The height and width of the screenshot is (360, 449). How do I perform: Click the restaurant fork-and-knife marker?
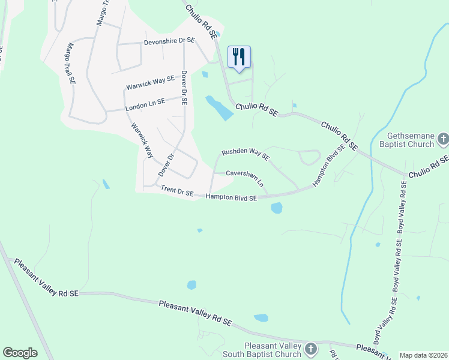(239, 58)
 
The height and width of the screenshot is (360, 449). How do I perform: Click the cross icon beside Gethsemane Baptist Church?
(444, 140)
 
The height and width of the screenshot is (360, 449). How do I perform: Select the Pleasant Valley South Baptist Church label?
(273, 350)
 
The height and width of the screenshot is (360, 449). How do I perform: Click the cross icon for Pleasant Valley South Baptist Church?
(310, 349)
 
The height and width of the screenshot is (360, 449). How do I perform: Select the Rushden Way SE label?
(246, 155)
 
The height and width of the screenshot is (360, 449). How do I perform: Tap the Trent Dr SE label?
(177, 191)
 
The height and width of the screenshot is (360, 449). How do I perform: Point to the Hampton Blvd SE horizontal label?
(231, 197)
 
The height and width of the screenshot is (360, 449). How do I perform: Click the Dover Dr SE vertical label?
(184, 88)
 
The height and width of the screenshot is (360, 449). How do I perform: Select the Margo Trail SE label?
(71, 62)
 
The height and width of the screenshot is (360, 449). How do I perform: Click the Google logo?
(20, 353)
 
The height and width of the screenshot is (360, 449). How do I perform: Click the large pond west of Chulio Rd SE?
(219, 107)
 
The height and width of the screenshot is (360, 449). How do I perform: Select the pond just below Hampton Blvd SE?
(277, 208)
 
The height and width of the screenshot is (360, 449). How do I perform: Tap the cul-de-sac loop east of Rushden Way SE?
(310, 157)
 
